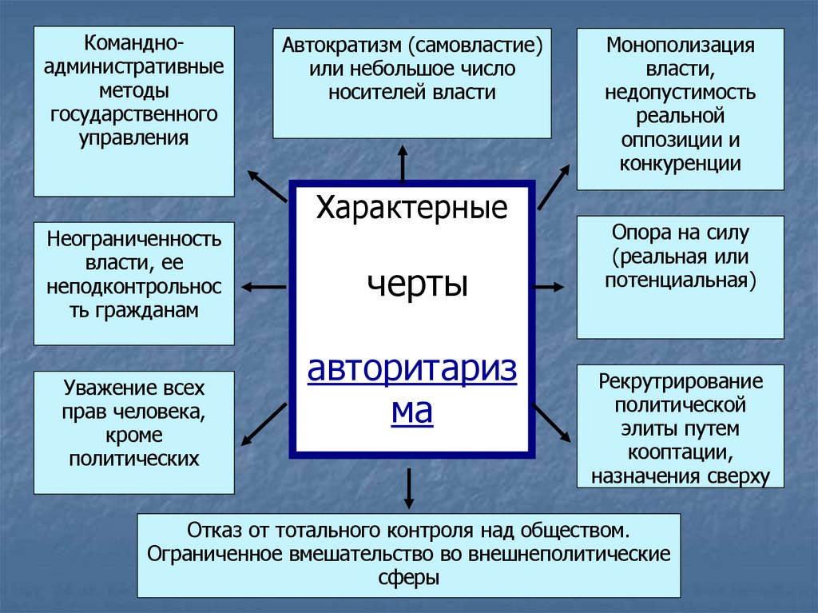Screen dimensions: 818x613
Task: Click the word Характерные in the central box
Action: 411,209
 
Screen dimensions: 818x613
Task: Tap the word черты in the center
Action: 417,284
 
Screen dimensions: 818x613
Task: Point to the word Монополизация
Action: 680,44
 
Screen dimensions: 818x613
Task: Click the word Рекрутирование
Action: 681,380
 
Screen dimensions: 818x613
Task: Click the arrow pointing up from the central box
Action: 403,165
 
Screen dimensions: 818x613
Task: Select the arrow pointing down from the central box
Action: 409,488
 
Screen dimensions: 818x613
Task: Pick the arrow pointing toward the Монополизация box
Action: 554,186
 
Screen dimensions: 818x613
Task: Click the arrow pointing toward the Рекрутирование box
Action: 551,422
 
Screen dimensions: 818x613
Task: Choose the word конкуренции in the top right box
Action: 680,164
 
